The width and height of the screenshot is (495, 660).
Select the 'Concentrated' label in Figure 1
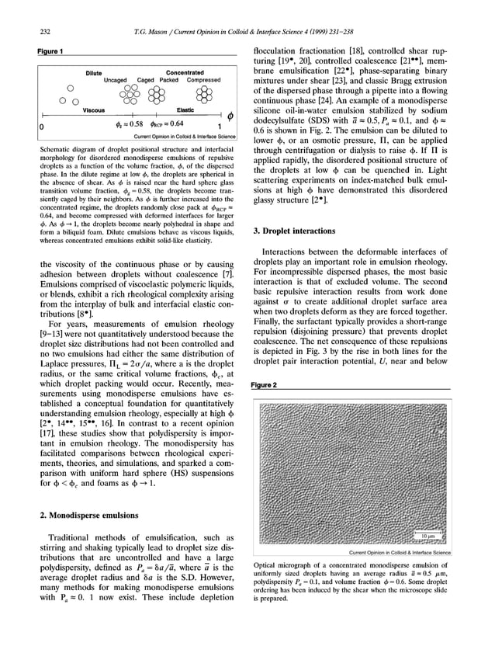coord(185,72)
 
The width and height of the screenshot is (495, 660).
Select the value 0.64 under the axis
coord(177,123)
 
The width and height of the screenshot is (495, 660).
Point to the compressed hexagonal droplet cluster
coord(205,94)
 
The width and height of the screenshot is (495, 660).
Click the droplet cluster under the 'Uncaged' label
coord(123,94)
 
